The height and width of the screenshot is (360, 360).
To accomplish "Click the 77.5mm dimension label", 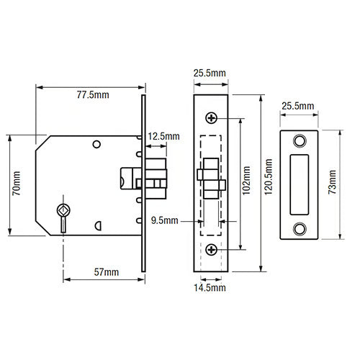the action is [x=93, y=95].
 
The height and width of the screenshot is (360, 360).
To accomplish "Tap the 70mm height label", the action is [x=17, y=183].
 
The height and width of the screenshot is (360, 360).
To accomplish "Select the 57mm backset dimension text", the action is [x=107, y=272].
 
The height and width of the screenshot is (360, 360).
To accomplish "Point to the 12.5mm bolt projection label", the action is [x=163, y=136].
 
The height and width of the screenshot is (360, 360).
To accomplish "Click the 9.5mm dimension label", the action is [x=165, y=220].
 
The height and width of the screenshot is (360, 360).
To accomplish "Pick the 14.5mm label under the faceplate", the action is [x=210, y=288].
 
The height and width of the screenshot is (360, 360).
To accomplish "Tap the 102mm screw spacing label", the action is [x=246, y=181].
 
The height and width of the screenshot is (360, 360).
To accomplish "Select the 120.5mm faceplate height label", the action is [x=269, y=177].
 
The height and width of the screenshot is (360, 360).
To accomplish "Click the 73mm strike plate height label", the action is [x=333, y=182].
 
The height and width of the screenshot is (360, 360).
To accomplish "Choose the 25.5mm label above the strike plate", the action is [x=298, y=106].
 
